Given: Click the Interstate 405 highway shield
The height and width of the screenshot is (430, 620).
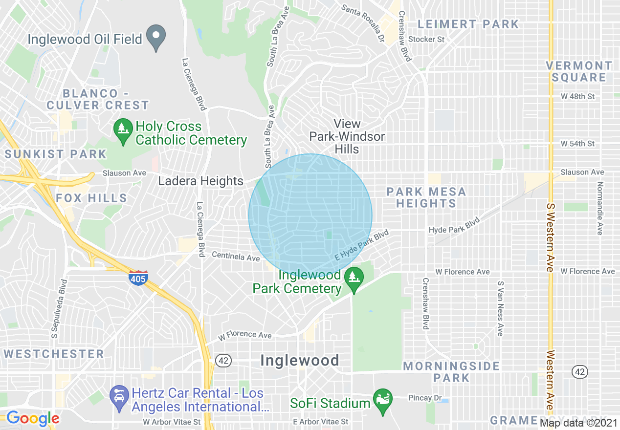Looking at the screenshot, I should click(x=138, y=278).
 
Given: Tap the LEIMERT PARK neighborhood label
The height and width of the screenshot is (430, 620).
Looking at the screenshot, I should click(x=468, y=24).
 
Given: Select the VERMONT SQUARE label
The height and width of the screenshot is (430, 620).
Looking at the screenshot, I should click(x=579, y=71).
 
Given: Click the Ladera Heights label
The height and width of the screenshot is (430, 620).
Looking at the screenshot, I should click(x=200, y=181).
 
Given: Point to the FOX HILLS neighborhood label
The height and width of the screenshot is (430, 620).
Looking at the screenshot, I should click(x=91, y=198).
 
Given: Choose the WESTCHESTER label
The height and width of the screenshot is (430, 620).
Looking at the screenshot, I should click(x=54, y=353).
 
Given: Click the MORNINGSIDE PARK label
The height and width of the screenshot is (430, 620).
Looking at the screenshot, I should click(x=451, y=371).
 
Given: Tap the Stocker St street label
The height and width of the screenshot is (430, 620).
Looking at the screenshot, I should click(x=426, y=39).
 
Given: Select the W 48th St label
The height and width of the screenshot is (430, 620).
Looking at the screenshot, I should click(x=578, y=96).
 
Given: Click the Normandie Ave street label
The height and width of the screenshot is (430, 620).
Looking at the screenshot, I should click(x=600, y=208).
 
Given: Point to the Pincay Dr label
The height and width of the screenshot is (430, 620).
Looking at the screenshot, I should click(x=424, y=398).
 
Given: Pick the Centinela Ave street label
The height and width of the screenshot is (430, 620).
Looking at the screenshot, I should click(x=236, y=256).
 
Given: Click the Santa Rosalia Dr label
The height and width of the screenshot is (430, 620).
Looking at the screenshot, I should click(x=362, y=22).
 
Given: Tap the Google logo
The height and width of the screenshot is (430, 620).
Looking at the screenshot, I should click(x=33, y=418).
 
